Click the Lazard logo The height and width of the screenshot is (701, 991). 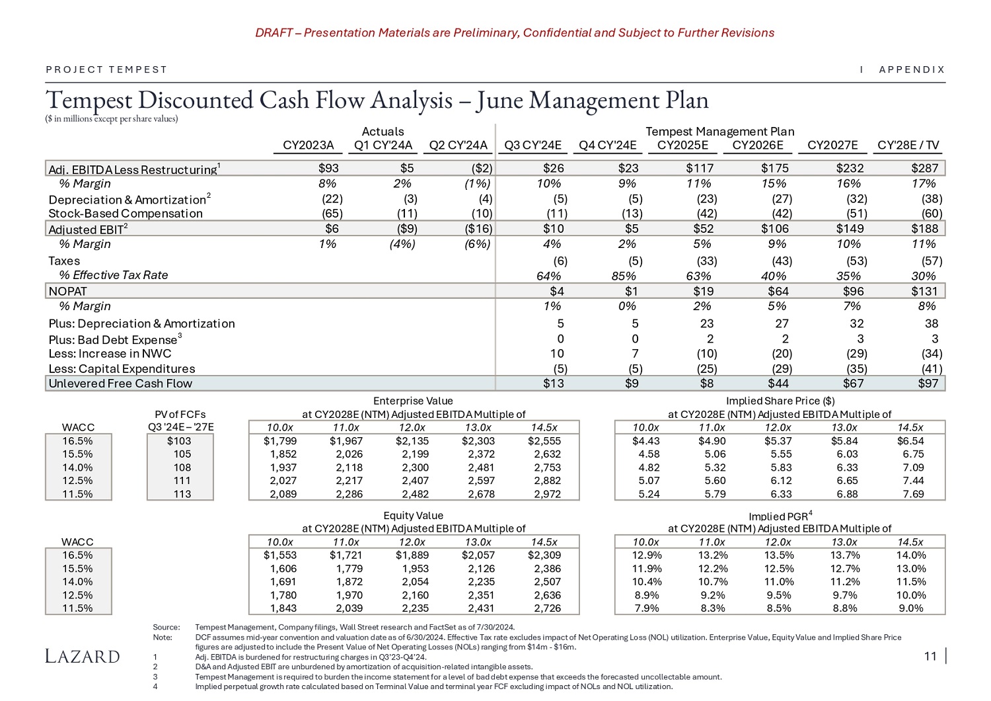click(x=83, y=656)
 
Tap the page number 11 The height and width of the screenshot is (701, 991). click(x=930, y=656)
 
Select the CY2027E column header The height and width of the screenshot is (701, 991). click(x=832, y=145)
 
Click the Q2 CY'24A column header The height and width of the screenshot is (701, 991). click(x=458, y=145)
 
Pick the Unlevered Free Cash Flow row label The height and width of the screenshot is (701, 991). click(x=120, y=384)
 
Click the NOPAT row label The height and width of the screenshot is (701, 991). click(x=67, y=291)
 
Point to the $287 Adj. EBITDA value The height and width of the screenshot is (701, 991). click(x=924, y=169)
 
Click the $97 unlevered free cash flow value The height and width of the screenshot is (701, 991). click(x=928, y=384)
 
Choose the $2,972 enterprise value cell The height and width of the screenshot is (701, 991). click(x=546, y=494)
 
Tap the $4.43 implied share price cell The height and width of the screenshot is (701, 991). click(x=645, y=441)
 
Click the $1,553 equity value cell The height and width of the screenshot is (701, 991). click(x=280, y=556)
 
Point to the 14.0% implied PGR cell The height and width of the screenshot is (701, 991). click(x=910, y=556)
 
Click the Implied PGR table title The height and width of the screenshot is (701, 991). click(x=780, y=516)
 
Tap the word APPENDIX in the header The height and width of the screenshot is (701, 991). click(x=912, y=69)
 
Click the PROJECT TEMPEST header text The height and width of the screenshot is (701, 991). click(x=107, y=69)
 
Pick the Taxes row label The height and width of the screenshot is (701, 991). click(x=64, y=261)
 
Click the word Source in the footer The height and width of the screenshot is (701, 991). click(x=166, y=627)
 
